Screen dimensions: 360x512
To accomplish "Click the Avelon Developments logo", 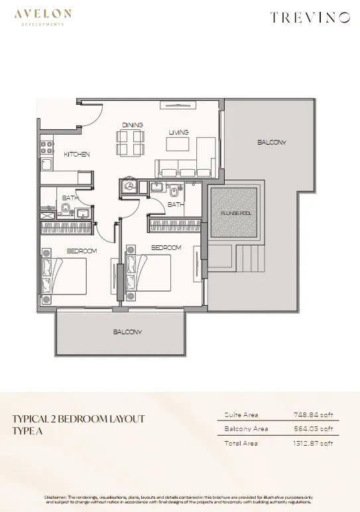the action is [x=42, y=18].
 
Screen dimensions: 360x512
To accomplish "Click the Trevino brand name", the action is [x=310, y=18].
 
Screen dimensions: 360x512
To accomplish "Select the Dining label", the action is [x=133, y=125].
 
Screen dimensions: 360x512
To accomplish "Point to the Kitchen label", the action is [x=77, y=154].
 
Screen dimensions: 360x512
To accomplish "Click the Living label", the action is [x=178, y=132].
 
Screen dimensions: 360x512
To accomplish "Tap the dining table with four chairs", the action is [x=129, y=143].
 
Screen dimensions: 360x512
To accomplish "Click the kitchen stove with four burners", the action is [x=47, y=147].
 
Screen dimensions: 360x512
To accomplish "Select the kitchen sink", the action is [x=47, y=164].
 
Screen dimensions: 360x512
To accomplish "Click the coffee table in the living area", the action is [x=178, y=144].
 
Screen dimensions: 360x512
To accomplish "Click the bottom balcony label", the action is [x=127, y=332].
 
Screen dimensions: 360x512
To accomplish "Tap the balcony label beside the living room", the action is [x=272, y=142].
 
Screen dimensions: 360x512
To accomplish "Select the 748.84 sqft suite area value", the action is [x=314, y=415].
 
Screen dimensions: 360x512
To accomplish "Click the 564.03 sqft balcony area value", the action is [x=314, y=428].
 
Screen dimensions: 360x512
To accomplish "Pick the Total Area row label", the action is [x=241, y=443].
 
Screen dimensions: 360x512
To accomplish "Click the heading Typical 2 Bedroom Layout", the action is [x=78, y=418].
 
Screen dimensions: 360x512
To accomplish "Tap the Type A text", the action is [x=27, y=430].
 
